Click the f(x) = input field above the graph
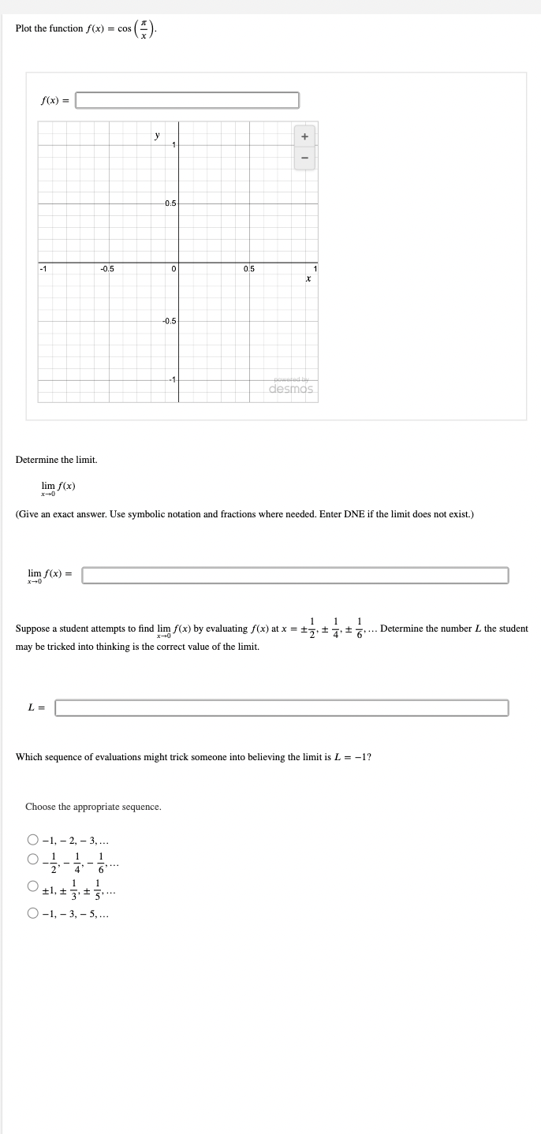click(187, 100)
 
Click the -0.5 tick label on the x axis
click(107, 269)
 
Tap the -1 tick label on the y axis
click(170, 380)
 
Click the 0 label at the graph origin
click(173, 270)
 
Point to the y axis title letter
click(157, 136)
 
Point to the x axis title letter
click(308, 279)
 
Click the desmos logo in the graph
click(291, 388)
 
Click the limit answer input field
click(295, 575)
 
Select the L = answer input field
click(282, 707)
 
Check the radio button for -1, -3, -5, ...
click(33, 914)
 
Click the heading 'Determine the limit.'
click(57, 459)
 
